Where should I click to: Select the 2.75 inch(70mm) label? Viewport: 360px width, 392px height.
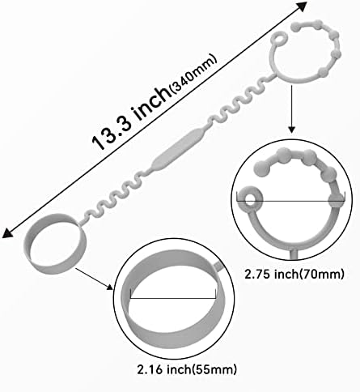pyautogui.click(x=294, y=275)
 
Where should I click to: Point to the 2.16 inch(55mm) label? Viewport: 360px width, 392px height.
pyautogui.click(x=187, y=369)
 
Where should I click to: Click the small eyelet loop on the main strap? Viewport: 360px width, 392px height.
pyautogui.click(x=278, y=38)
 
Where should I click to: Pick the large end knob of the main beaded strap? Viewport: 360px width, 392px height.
pyautogui.click(x=296, y=27)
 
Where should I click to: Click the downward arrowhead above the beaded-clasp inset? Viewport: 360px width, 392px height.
pyautogui.click(x=291, y=130)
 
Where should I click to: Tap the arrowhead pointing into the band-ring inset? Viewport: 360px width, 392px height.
pyautogui.click(x=110, y=287)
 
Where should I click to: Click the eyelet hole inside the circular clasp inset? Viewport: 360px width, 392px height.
pyautogui.click(x=251, y=200)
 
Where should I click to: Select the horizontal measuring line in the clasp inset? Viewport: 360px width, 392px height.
pyautogui.click(x=290, y=201)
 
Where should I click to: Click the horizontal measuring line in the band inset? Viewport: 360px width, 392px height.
pyautogui.click(x=173, y=298)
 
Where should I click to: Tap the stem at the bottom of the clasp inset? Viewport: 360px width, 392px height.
pyautogui.click(x=294, y=254)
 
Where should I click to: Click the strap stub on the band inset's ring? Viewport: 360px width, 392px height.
pyautogui.click(x=219, y=266)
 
